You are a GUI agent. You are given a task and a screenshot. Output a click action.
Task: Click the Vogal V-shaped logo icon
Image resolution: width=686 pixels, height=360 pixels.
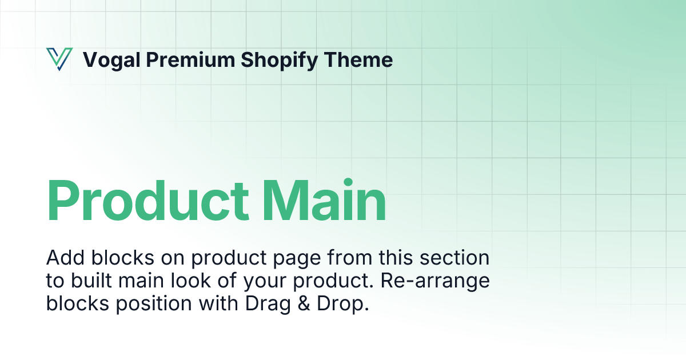[59, 59]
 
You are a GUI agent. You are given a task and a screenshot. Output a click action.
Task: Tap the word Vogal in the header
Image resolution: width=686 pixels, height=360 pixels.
[112, 60]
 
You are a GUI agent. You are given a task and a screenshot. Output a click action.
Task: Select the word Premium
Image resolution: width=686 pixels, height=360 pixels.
[190, 59]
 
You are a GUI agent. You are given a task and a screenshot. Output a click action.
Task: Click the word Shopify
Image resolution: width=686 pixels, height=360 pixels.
[280, 61]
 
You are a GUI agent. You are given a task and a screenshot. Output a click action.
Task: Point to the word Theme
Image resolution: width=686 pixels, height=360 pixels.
[358, 59]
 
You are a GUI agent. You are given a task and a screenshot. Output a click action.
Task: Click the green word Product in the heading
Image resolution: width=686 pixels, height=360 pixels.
[147, 200]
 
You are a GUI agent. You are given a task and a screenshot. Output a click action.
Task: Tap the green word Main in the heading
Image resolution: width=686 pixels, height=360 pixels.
[324, 200]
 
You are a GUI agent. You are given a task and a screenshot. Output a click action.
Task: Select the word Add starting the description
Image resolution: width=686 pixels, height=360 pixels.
[65, 258]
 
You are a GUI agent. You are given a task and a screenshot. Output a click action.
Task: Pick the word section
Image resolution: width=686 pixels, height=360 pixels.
[454, 258]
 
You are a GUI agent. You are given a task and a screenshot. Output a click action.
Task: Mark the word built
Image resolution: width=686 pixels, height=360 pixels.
[91, 280]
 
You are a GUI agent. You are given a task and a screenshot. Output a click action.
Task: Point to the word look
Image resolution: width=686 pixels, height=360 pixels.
[190, 280]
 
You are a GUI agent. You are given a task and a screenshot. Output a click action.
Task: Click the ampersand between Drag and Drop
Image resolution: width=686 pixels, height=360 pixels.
[304, 303]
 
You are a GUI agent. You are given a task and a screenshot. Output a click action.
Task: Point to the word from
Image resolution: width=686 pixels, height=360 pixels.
[349, 257]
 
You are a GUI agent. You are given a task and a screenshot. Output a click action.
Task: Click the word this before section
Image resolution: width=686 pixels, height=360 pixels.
[396, 257]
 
